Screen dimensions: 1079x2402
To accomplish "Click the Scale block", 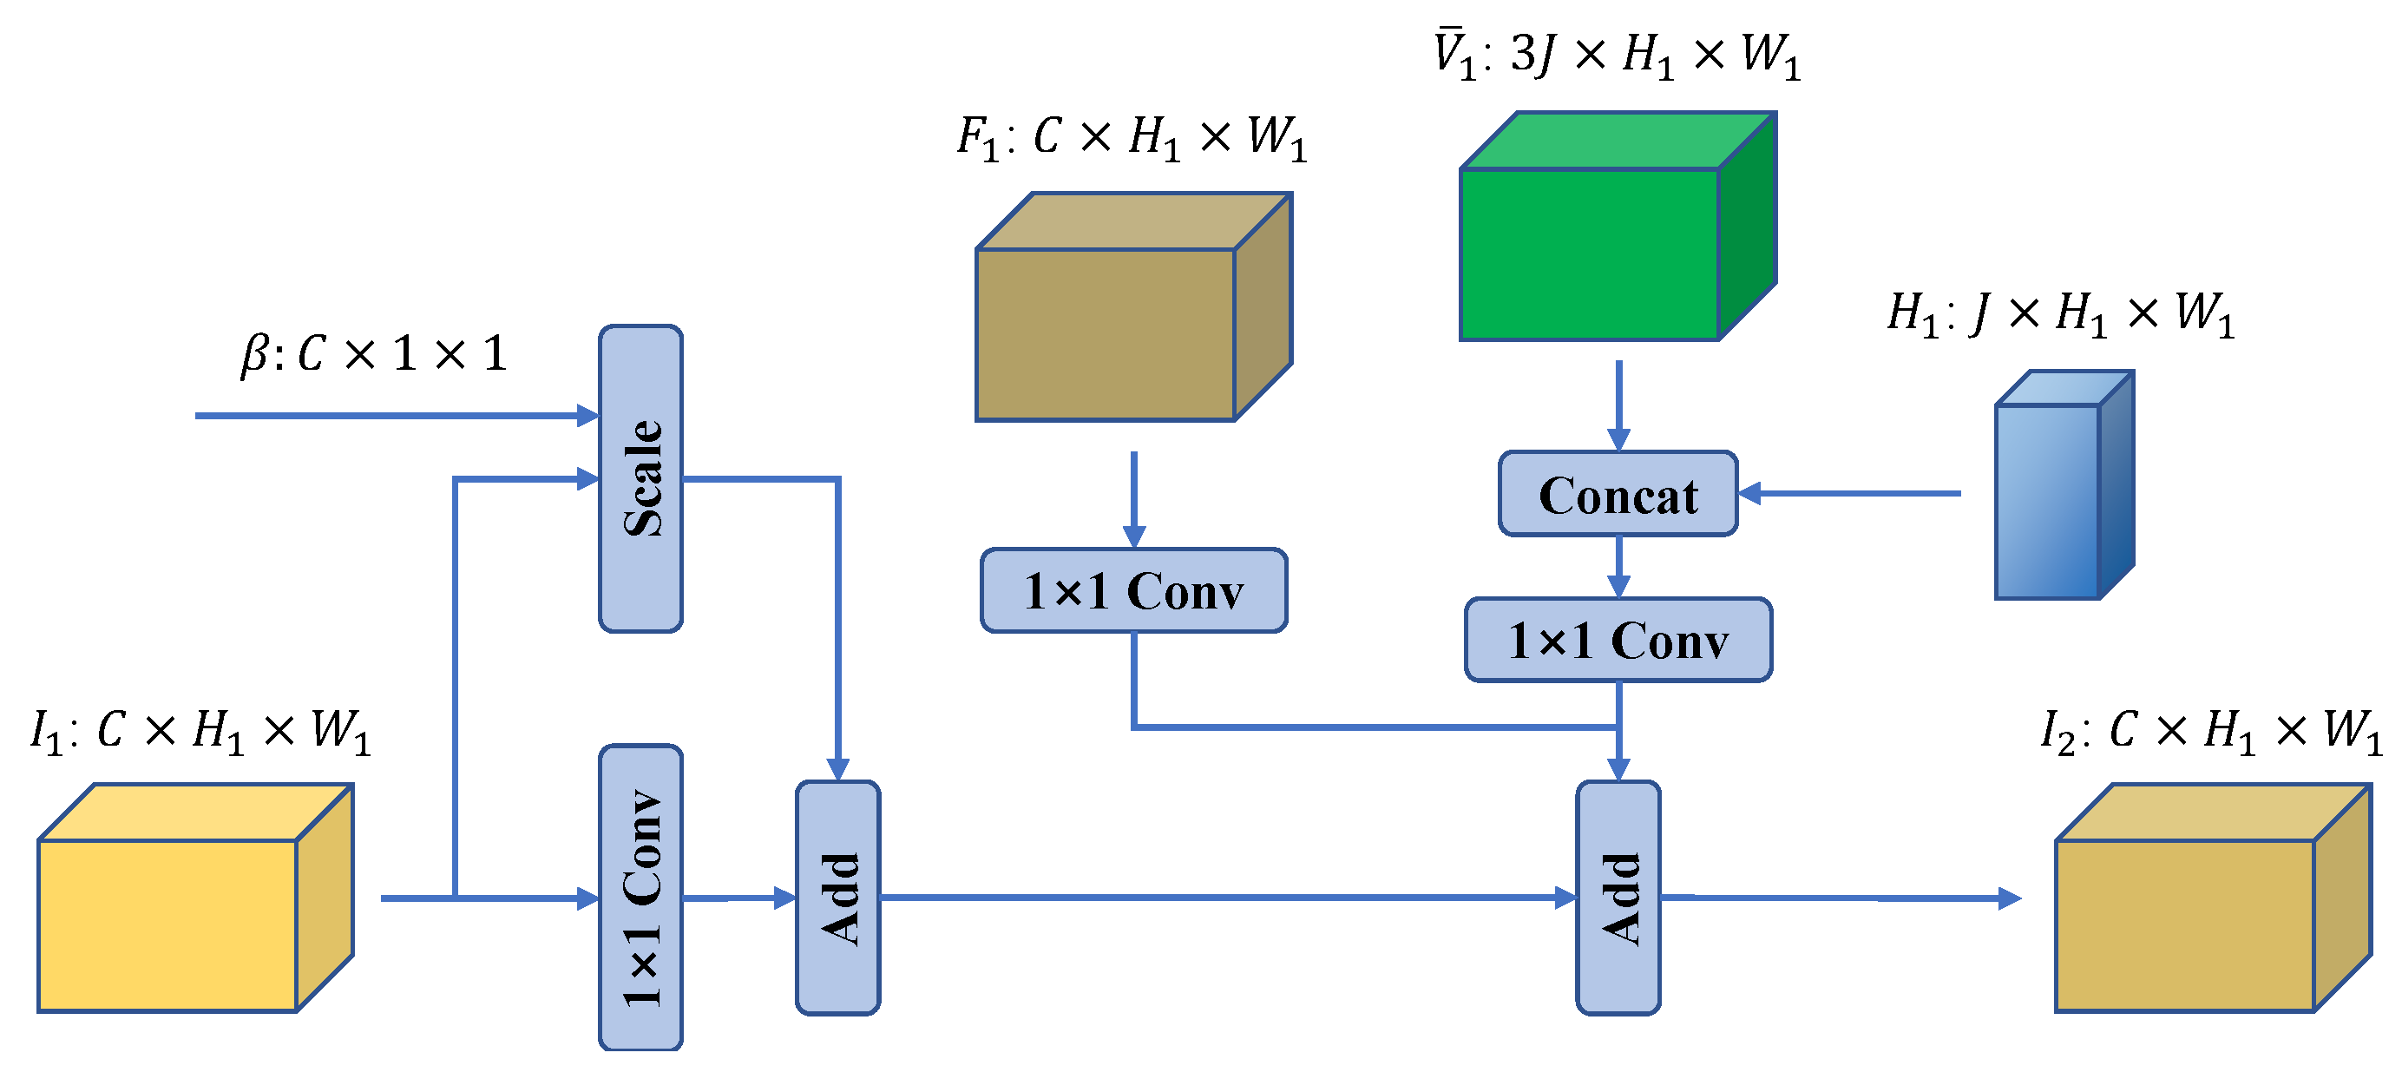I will point(640,478).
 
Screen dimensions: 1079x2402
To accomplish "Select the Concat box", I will point(1618,493).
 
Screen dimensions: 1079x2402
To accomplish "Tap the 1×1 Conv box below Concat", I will point(1618,640).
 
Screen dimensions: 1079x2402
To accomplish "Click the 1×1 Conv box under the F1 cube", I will point(1134,590).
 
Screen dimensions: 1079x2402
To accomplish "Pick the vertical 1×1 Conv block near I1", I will point(640,898).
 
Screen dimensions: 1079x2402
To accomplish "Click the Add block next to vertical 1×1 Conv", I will point(837,898).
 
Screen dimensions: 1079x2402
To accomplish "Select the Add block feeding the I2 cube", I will point(1618,898).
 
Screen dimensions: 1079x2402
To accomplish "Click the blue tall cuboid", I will point(2056,494).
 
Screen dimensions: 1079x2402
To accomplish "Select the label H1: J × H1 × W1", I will point(2061,313).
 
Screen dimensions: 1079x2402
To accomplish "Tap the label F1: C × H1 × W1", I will point(1131,138).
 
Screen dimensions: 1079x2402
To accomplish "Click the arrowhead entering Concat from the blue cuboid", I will point(1750,493).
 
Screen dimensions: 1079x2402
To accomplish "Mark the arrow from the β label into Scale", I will point(391,415).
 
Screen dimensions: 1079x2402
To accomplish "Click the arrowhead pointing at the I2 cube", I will point(2010,899).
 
